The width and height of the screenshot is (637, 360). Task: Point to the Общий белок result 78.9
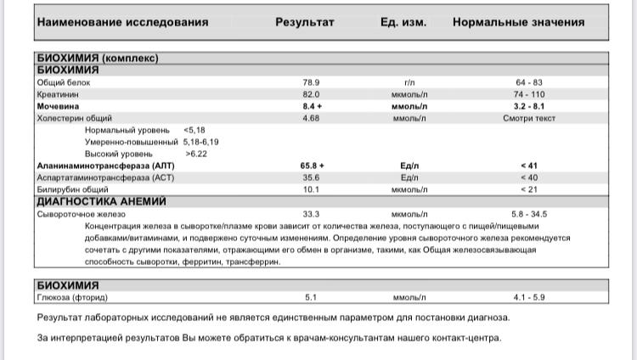(311, 82)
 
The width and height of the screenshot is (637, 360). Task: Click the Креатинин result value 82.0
(311, 94)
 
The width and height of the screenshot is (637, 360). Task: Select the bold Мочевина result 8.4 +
(313, 106)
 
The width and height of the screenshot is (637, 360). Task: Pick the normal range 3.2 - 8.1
(528, 106)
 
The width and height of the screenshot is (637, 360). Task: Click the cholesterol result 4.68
(311, 118)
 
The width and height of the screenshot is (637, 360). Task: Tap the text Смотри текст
(528, 118)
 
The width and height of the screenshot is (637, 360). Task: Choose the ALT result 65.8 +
(313, 166)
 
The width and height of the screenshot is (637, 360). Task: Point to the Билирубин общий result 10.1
(311, 189)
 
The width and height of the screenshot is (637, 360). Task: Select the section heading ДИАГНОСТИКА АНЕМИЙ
(101, 202)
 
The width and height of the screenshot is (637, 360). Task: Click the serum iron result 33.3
(311, 214)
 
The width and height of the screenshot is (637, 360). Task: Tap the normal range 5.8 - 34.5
(528, 214)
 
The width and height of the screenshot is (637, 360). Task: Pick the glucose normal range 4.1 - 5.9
(528, 297)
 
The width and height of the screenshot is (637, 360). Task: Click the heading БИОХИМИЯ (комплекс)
(98, 59)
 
